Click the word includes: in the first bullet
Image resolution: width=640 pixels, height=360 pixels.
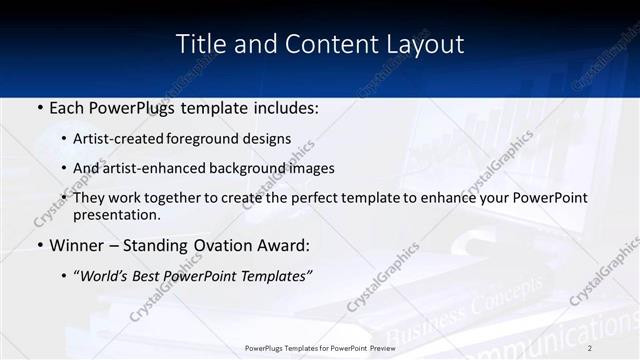click(x=284, y=107)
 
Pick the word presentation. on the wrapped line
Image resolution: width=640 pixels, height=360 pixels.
click(x=116, y=214)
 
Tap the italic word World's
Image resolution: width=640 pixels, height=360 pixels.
click(x=107, y=274)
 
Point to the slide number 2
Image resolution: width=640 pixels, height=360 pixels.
click(x=590, y=347)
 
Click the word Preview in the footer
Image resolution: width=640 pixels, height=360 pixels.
click(x=378, y=347)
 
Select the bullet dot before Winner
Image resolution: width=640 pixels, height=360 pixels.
click(x=39, y=245)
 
